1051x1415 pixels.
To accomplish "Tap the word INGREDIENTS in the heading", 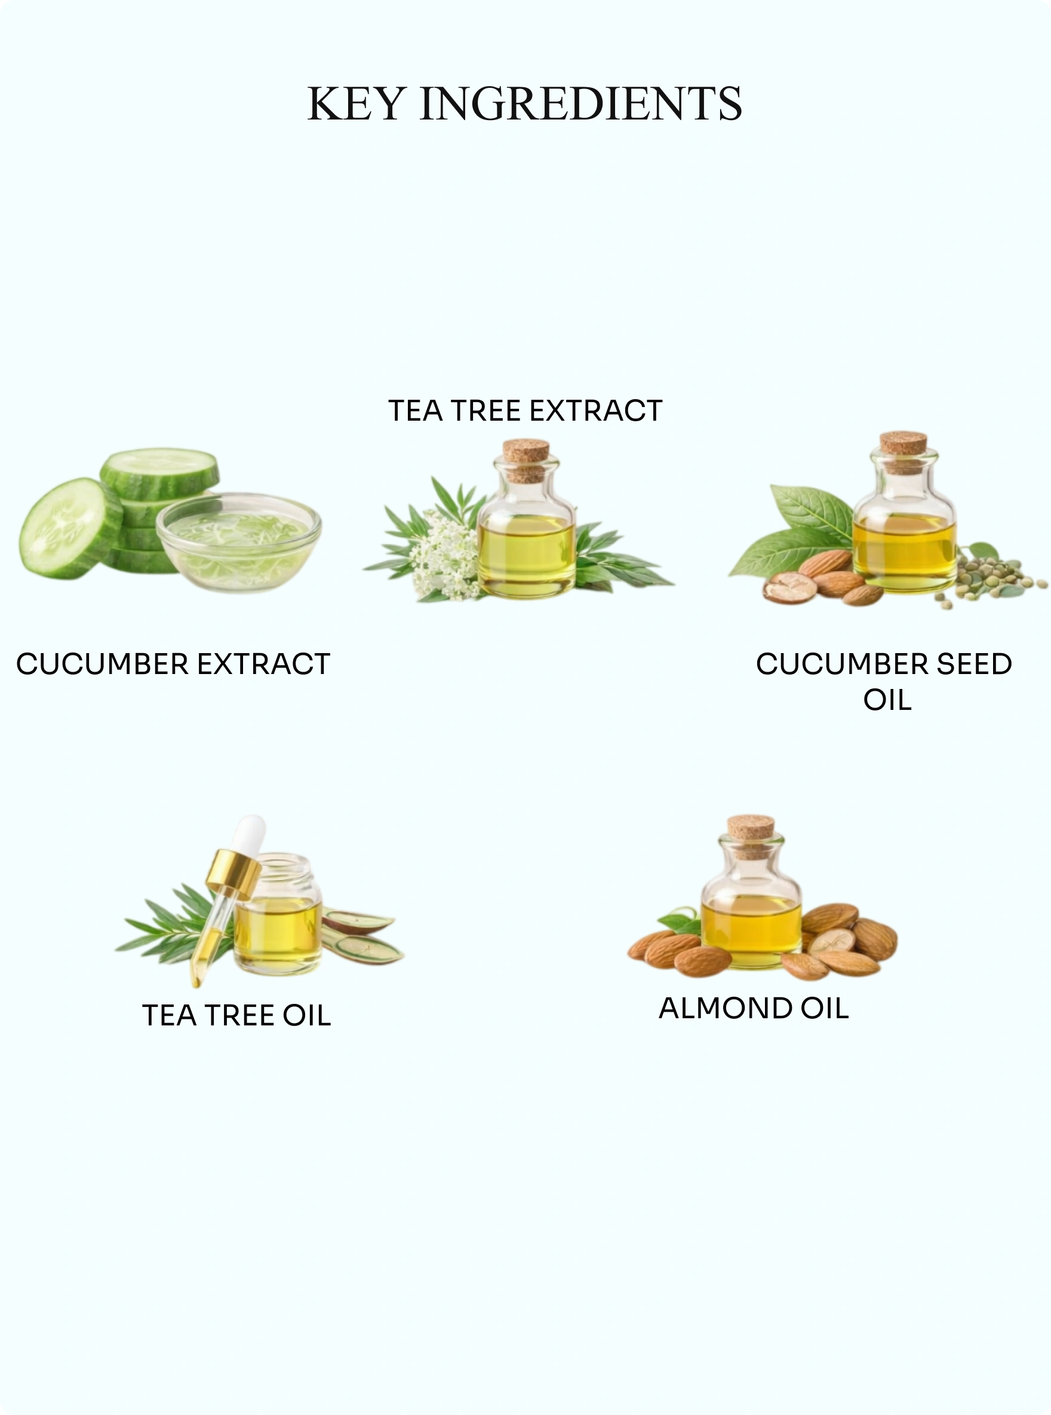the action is pyautogui.click(x=581, y=103).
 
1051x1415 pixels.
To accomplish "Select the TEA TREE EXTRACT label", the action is pyautogui.click(x=525, y=411).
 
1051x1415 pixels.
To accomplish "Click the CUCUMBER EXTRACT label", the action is pyautogui.click(x=173, y=664).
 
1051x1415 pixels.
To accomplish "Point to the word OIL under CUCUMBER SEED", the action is pyautogui.click(x=887, y=700).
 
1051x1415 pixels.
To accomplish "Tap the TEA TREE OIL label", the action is pyautogui.click(x=236, y=1015).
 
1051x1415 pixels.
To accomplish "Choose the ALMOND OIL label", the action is pyautogui.click(x=754, y=1008).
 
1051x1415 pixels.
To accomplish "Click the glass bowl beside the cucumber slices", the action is pyautogui.click(x=239, y=542).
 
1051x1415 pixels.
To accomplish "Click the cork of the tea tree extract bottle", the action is pyautogui.click(x=526, y=460).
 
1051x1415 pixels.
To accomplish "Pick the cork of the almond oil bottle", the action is pyautogui.click(x=751, y=836).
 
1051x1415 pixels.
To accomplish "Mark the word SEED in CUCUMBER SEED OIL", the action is pyautogui.click(x=974, y=664).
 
